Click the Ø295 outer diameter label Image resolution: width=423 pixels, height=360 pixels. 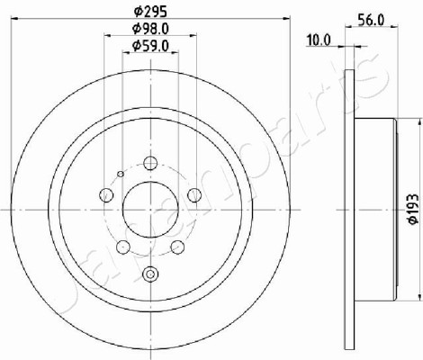tap(150, 12)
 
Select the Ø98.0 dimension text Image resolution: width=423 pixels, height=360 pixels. tap(150, 29)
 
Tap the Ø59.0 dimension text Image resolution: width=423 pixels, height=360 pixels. tap(150, 46)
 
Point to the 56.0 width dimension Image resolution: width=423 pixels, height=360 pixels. tap(371, 21)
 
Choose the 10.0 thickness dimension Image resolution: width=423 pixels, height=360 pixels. tap(319, 40)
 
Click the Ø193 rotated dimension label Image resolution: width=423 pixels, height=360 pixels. tap(413, 209)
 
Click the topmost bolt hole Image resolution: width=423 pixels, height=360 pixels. tap(150, 164)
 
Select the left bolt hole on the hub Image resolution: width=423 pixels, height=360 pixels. tap(106, 195)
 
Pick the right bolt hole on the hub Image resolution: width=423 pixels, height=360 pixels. tap(194, 195)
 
